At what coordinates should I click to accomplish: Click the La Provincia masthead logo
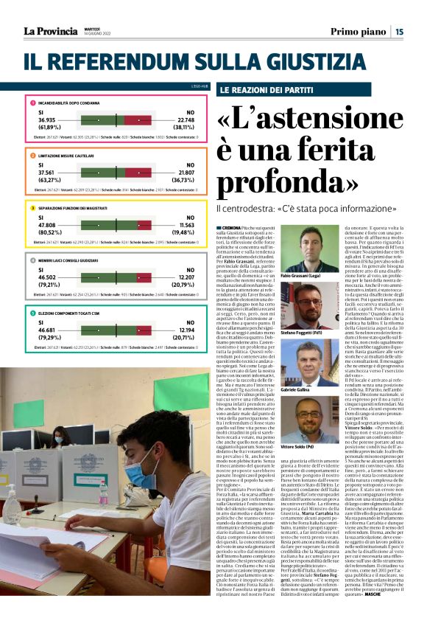(x=51, y=31)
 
